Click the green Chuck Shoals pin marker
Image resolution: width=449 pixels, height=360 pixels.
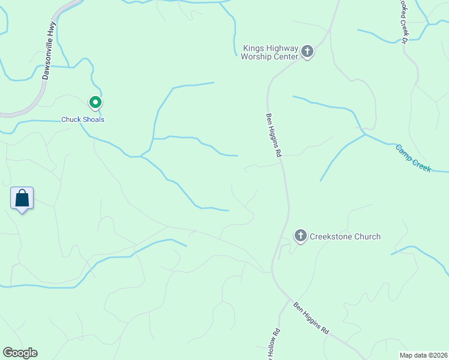(95, 103)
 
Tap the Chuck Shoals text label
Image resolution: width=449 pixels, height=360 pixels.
(83, 119)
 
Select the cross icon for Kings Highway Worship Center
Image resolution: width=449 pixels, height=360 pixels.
(307, 52)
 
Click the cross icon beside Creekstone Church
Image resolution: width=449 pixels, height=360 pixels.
(300, 236)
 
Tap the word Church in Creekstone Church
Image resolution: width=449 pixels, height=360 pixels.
(368, 236)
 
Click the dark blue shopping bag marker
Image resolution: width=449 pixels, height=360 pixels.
(22, 197)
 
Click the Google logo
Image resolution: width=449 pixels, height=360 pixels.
(20, 353)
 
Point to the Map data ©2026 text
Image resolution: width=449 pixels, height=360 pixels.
(423, 355)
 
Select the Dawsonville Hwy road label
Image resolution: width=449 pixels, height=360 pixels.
(49, 51)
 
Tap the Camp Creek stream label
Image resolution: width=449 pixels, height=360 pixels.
(413, 158)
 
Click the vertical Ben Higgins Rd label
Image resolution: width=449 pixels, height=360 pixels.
(274, 135)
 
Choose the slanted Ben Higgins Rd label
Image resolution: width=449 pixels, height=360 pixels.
(312, 318)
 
